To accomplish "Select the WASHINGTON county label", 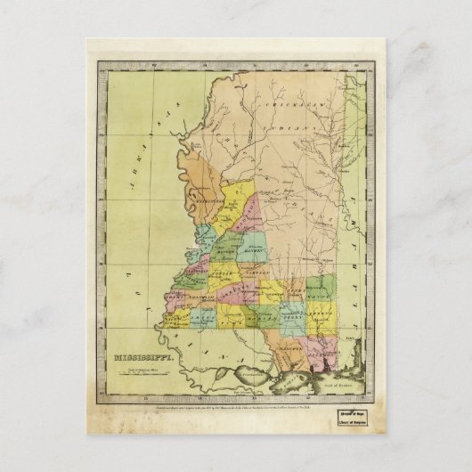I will (x=204, y=202).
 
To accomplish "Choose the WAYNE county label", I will (x=320, y=288).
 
